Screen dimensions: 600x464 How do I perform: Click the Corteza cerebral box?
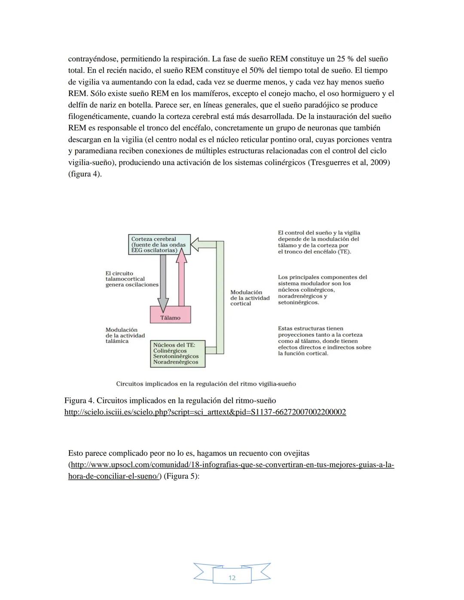[159, 244]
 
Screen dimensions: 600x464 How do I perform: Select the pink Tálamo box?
[170, 315]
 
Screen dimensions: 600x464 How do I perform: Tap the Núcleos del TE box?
[177, 353]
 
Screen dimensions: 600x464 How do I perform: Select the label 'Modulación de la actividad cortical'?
[250, 298]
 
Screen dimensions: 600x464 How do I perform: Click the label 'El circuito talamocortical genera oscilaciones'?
[131, 279]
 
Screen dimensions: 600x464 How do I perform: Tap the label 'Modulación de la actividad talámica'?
[125, 335]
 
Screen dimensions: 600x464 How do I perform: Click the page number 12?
[232, 578]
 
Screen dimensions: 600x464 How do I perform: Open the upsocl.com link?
[231, 465]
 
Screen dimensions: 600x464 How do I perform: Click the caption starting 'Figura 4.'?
[170, 401]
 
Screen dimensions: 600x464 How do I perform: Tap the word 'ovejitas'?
[295, 453]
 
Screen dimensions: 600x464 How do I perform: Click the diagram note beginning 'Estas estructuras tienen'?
[324, 341]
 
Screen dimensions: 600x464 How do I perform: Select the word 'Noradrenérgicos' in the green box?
[176, 362]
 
